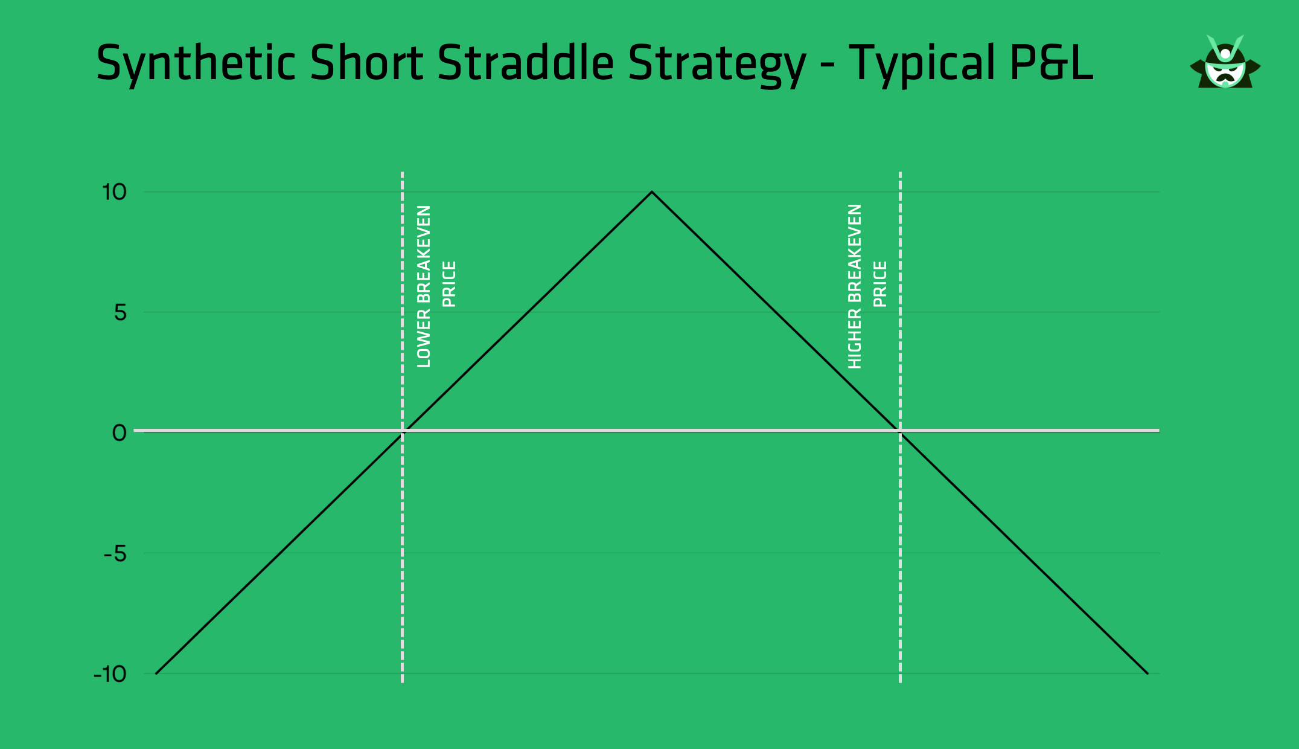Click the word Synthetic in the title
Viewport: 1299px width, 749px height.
coord(196,63)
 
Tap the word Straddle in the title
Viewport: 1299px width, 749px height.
coord(525,63)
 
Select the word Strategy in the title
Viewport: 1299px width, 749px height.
coord(717,64)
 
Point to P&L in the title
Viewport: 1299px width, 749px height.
coord(1051,63)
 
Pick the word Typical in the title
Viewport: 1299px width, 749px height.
coord(922,64)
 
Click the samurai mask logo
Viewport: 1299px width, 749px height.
coord(1225,63)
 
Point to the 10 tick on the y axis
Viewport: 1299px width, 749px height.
coord(114,192)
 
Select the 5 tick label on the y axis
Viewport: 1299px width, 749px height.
coord(120,312)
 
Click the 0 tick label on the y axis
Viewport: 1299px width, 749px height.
coord(120,432)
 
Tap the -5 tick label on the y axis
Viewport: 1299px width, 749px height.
coord(115,553)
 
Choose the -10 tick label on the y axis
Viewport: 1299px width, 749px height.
coord(110,673)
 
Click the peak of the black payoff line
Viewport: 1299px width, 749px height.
coord(651,192)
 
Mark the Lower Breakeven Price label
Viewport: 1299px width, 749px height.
coord(436,286)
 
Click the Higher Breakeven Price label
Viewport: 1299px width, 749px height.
coord(867,286)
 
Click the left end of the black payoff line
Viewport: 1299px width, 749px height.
coord(156,673)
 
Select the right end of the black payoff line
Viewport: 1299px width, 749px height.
coord(1147,673)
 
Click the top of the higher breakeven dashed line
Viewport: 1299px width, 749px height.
coord(900,174)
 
